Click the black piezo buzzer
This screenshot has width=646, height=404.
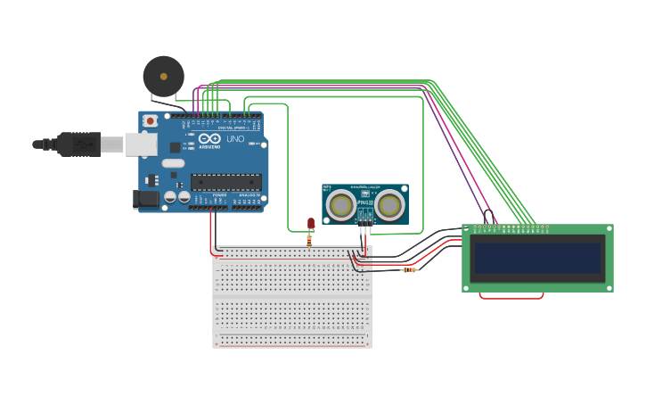163,77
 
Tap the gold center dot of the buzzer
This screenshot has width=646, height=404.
163,78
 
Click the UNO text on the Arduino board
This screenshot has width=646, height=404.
235,139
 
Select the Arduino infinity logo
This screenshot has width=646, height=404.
210,139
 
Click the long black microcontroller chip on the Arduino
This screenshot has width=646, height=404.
225,182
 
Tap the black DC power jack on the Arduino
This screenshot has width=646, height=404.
145,201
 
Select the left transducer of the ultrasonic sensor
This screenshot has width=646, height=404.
340,206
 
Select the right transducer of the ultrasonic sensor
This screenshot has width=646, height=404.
388,206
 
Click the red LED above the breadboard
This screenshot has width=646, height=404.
310,223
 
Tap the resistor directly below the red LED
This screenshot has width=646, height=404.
309,238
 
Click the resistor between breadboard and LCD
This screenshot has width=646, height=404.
410,269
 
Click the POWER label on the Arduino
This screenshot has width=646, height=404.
219,194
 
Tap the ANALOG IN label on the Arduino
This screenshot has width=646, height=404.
249,194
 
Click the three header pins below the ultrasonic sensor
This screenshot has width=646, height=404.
364,230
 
